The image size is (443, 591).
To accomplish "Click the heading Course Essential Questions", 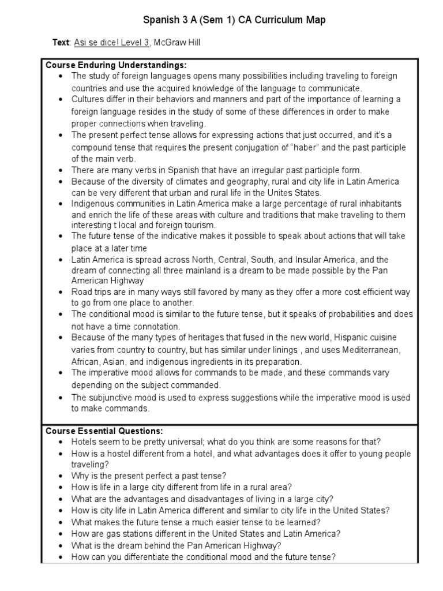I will pyautogui.click(x=104, y=431).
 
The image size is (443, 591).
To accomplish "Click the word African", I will pyautogui.click(x=87, y=361).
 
